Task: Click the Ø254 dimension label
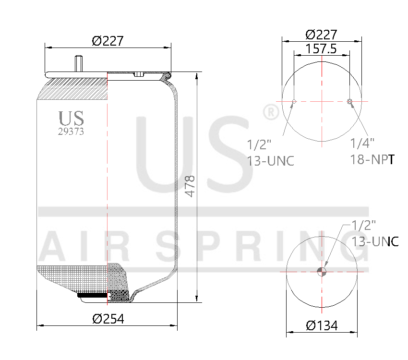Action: (108, 319)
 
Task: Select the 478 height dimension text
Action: (190, 186)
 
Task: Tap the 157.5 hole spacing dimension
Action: (321, 48)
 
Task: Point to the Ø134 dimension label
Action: (322, 325)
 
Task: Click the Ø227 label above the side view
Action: (108, 41)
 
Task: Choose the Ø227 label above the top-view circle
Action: (321, 35)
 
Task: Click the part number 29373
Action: (71, 132)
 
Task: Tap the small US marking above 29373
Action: (71, 119)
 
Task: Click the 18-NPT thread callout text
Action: (372, 160)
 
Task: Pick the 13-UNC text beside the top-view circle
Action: (270, 160)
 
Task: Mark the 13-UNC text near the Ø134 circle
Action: (375, 241)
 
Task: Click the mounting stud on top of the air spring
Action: (79, 64)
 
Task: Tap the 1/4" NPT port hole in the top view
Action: (349, 101)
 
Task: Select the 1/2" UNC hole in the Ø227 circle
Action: (294, 101)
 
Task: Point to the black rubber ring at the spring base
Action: (94, 295)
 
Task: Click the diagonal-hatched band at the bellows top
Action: (72, 89)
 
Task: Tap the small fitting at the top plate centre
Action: (138, 74)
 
